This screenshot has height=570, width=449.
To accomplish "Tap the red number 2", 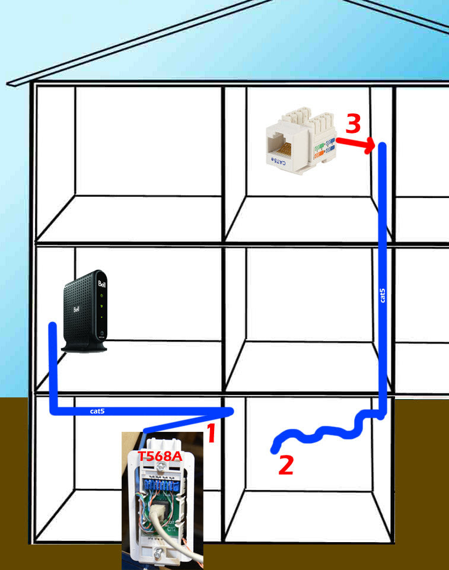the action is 286,465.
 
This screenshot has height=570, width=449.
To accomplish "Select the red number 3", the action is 353,123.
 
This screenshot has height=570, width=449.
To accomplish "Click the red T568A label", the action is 160,456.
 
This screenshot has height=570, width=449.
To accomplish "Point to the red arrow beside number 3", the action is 355,142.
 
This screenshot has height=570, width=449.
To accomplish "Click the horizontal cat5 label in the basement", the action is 97,411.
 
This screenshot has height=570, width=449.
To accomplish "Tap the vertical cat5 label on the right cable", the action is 382,295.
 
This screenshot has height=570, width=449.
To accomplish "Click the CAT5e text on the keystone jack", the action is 279,161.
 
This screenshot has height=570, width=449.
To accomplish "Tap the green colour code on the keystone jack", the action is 320,147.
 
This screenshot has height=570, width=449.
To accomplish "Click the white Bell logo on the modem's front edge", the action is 102,284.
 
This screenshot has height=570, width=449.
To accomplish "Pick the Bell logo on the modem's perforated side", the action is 76,310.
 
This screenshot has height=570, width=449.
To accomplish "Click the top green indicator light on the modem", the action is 102,295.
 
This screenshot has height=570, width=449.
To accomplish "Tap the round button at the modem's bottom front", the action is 102,332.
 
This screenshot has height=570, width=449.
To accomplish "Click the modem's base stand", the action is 84,348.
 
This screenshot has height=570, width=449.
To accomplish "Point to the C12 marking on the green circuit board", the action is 171,529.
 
